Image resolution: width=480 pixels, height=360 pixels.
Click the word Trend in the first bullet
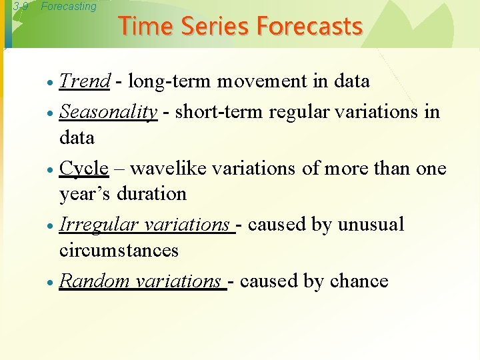pos(85,81)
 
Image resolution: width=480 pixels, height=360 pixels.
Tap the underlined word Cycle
pos(84,168)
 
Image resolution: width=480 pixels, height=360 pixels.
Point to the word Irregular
pos(99,225)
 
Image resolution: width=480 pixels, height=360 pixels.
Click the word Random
pos(95,281)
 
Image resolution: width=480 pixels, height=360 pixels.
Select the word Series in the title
pos(211,26)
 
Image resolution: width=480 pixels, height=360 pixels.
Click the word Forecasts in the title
pos(309,26)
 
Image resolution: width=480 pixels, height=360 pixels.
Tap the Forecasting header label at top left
pos(68,7)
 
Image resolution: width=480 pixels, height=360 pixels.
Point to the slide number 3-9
pos(21,7)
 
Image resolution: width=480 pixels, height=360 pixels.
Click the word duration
pos(151,194)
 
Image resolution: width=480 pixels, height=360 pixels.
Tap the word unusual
pos(371,225)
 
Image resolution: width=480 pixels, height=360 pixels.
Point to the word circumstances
pos(119,251)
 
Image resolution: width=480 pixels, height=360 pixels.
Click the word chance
pos(357,281)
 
